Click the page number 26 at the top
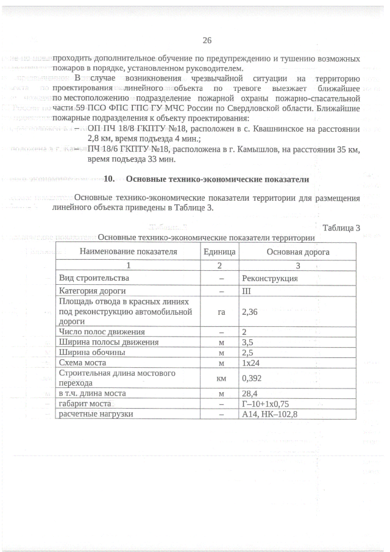click(207, 41)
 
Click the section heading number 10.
click(110, 179)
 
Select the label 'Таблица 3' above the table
click(342, 228)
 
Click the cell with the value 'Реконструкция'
click(269, 278)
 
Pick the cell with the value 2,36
click(250, 311)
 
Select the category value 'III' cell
click(246, 290)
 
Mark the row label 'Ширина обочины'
click(92, 352)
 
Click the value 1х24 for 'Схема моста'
click(251, 362)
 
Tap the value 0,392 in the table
click(252, 378)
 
